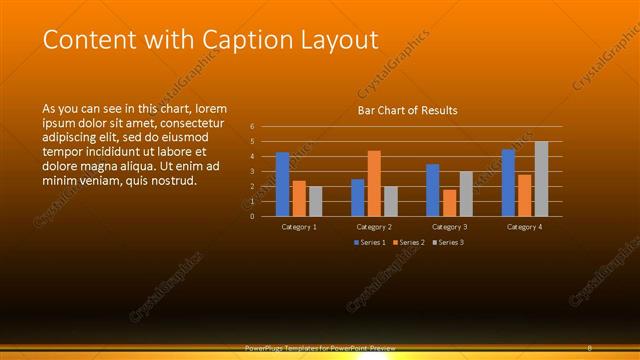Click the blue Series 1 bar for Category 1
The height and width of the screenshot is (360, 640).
point(283,184)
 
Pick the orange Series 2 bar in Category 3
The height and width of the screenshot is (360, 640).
point(450,203)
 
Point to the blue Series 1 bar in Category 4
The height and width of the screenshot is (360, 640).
point(508,182)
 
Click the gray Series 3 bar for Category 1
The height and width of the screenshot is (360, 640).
point(316,201)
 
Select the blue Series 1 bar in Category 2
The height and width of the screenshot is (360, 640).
point(358,197)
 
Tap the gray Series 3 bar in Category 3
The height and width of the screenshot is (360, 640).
point(466,194)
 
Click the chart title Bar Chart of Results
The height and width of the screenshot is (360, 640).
point(407,110)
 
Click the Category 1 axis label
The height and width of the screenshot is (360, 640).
point(299,227)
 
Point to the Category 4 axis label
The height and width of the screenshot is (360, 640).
point(525,227)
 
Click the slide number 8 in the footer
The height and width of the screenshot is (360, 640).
point(590,347)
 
